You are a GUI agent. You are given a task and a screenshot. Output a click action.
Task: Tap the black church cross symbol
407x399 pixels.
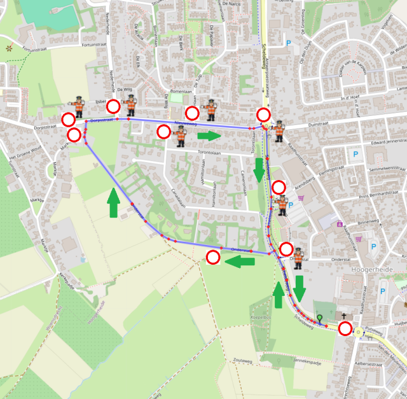[344, 316]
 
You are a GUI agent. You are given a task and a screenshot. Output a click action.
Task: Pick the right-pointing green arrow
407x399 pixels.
[209, 136]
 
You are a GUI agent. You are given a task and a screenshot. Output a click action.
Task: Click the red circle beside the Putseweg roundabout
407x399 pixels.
[345, 329]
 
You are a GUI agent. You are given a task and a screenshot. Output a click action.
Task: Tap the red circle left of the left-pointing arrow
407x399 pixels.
[213, 257]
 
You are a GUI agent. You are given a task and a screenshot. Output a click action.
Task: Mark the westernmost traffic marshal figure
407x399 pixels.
[78, 107]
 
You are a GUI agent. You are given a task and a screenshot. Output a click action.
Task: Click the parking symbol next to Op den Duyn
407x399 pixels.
[289, 43]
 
